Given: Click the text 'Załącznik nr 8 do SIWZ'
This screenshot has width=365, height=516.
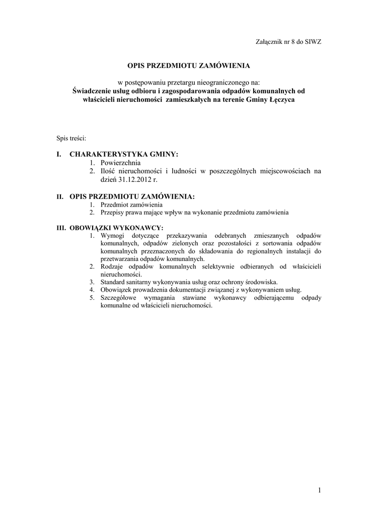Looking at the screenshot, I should (x=288, y=42).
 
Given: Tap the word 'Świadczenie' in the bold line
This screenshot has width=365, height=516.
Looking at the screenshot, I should (x=91, y=91).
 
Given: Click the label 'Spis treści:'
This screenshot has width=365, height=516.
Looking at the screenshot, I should (x=71, y=138).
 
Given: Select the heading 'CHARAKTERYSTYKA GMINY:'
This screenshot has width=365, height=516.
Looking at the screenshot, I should (x=124, y=154).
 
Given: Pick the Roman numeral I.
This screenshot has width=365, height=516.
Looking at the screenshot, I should (x=58, y=154).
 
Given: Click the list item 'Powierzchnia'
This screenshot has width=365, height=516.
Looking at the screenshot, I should (x=120, y=163).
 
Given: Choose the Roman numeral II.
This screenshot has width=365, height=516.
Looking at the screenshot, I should (x=59, y=196).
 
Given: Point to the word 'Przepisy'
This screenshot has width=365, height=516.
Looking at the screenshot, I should (x=112, y=213).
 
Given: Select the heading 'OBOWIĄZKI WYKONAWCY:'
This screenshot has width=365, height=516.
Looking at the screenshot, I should (x=116, y=228).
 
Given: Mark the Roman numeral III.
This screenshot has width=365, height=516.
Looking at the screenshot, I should (x=61, y=228).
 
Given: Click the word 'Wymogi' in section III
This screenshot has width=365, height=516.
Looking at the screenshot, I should (x=112, y=235).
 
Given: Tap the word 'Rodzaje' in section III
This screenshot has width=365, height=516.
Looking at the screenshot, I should (x=112, y=266).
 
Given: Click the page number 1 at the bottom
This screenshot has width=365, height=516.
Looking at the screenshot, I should (x=319, y=490).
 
